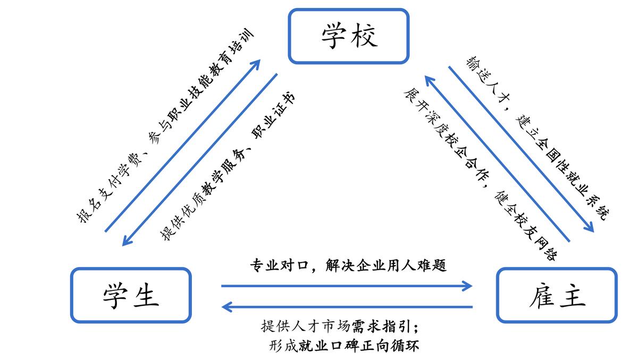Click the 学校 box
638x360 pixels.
349,36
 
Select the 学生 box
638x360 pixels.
131,295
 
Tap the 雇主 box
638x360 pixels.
556,295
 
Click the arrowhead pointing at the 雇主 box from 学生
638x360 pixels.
468,286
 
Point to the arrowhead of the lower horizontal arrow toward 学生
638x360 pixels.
226,306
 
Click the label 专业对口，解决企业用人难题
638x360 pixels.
348,265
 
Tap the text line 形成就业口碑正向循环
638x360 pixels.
345,346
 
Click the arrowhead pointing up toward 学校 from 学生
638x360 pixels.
256,63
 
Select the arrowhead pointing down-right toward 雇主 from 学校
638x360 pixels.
590,228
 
